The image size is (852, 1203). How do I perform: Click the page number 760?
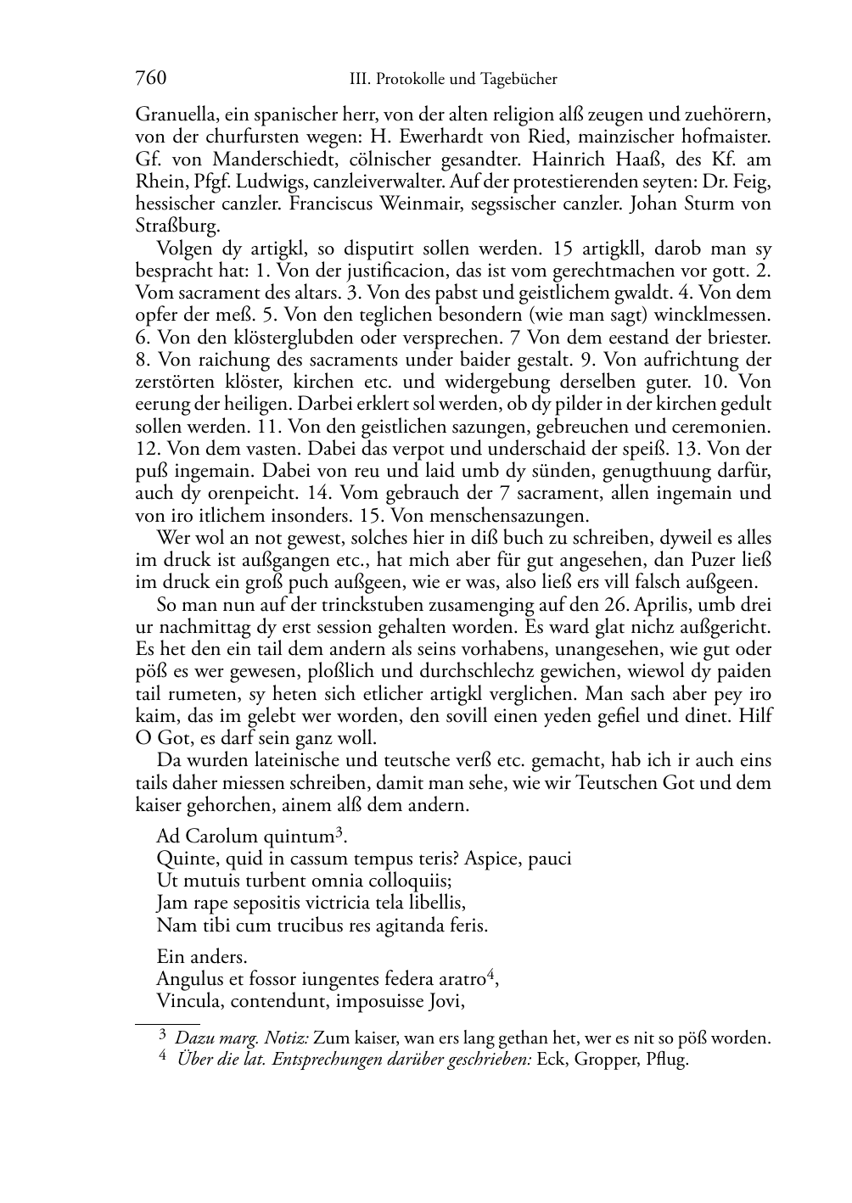tap(150, 78)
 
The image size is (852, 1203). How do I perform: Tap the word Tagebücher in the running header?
tap(518, 79)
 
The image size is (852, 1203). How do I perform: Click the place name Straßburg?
tap(177, 227)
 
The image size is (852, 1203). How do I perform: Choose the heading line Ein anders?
tap(202, 956)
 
